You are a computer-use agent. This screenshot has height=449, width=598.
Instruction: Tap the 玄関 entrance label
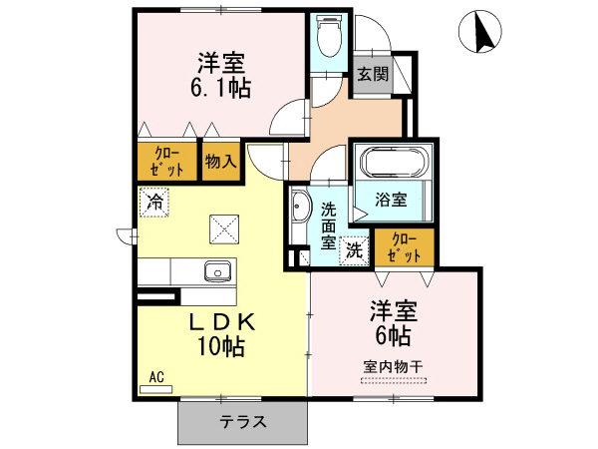[372, 74]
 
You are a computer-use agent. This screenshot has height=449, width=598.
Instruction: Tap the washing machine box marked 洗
[354, 251]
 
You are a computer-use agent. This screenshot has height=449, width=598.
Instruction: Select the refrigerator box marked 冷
[154, 202]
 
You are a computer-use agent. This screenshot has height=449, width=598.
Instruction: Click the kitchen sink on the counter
[217, 270]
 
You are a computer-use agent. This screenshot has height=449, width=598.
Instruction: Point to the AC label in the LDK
[156, 377]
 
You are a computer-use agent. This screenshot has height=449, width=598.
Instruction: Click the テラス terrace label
[242, 422]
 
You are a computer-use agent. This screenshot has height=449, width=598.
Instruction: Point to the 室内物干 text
[393, 366]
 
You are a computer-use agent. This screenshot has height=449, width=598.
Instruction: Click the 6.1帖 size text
[221, 88]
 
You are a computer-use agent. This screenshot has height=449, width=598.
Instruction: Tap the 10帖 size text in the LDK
[221, 347]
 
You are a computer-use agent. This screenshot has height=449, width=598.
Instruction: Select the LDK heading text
[221, 322]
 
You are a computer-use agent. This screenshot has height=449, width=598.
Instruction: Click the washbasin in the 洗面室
[300, 210]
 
